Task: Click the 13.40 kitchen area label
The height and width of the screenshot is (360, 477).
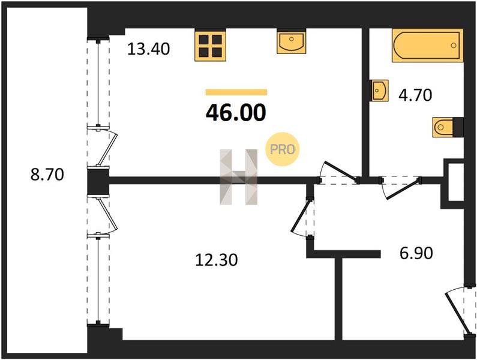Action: click(148, 49)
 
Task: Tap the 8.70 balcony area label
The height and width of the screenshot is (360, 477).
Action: click(47, 175)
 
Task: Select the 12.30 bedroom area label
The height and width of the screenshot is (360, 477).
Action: click(216, 260)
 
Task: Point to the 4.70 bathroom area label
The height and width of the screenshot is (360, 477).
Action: click(415, 95)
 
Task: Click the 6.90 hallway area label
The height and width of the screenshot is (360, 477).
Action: click(416, 253)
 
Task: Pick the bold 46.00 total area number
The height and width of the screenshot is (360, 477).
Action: click(236, 113)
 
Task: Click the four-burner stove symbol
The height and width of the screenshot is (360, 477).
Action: click(210, 46)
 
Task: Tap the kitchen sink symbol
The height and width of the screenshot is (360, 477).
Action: click(291, 41)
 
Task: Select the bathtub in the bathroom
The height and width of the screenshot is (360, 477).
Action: click(427, 46)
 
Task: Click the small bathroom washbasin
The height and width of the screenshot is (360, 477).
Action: click(379, 91)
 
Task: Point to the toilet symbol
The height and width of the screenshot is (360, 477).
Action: click(448, 127)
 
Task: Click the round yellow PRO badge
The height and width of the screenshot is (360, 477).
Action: click(283, 149)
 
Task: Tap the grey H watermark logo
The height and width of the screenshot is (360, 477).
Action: click(239, 177)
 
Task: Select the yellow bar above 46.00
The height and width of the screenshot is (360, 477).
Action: click(236, 92)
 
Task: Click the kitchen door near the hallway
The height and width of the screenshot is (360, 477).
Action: click(339, 171)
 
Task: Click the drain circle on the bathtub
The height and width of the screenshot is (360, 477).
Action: click(454, 46)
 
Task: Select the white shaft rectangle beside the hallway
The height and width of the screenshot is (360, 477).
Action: click(456, 182)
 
